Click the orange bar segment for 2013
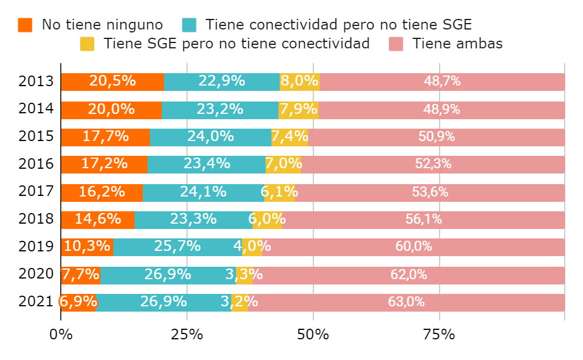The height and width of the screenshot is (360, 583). pos(112,82)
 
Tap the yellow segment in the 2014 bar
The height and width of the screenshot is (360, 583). pos(299,110)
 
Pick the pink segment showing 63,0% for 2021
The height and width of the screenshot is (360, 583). pos(406,302)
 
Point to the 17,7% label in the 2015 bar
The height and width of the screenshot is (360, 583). pos(106,137)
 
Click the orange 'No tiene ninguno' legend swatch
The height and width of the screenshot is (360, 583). pos(25,25)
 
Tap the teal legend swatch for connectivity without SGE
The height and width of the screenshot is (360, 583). pos(189,25)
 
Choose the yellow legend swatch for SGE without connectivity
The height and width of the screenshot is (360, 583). pos(87,44)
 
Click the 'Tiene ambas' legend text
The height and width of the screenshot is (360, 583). pos(457,44)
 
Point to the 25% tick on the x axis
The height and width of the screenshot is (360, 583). pos(187,335)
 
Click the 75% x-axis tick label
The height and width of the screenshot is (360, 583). pos(439,335)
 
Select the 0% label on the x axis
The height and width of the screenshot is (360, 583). pos(61,335)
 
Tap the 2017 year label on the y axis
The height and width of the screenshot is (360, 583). pos(37,192)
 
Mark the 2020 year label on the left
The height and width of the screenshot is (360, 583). pos(37,274)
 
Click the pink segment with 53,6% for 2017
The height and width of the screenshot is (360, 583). pos(430,192)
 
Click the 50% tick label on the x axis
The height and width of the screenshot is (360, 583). pos(313,335)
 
